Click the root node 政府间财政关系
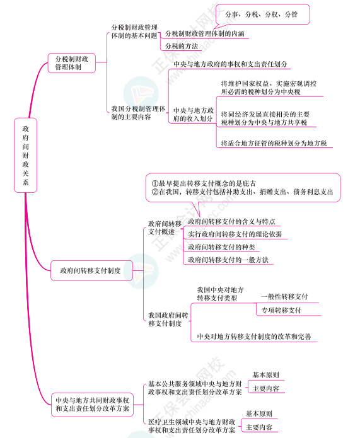point(25,155)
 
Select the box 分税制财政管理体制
point(71,63)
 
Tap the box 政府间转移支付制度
point(91,270)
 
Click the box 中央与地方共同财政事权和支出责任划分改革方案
point(92,405)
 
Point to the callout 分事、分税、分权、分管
point(262,14)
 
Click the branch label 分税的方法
point(182,46)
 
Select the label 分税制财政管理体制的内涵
point(205,33)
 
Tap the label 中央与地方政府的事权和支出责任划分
point(230,64)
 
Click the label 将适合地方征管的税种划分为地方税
point(274,143)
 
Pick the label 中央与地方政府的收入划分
point(194,115)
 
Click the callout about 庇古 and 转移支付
point(243,187)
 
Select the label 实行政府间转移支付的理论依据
point(235,234)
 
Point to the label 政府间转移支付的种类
point(221,247)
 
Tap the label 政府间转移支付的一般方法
point(228,260)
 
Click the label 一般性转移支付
point(284,297)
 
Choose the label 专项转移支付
point(281,310)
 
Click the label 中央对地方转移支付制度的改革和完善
point(254,337)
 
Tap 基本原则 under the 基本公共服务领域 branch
point(266,375)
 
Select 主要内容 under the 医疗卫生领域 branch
point(259,427)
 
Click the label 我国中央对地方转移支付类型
point(220,294)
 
